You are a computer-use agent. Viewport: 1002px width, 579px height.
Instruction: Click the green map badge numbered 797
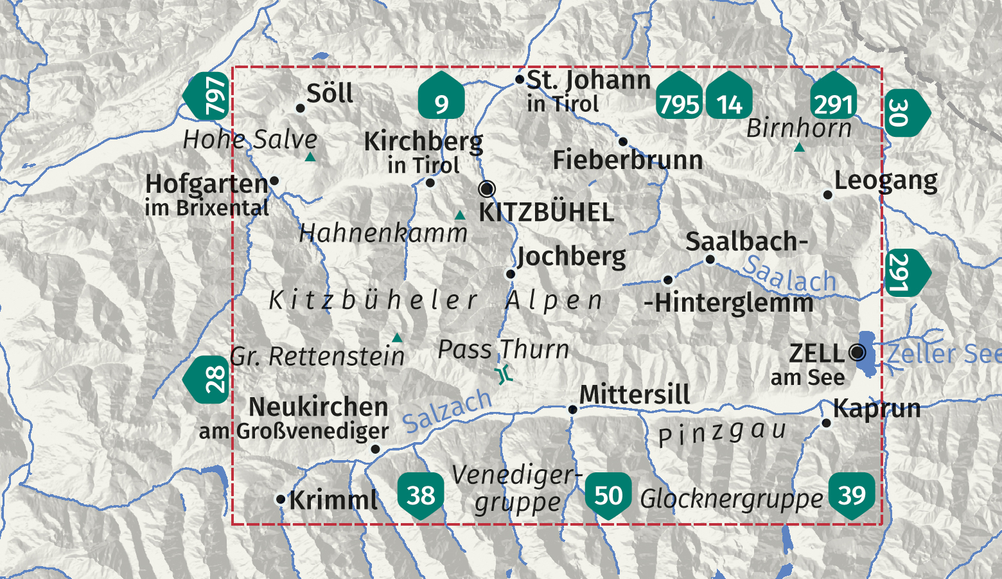[208, 96]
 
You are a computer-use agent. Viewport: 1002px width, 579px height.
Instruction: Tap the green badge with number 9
[441, 98]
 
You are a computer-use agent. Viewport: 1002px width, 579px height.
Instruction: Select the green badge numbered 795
[679, 98]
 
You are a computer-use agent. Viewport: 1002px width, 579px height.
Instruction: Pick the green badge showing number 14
[729, 98]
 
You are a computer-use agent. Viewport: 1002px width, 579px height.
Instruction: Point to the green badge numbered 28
[208, 379]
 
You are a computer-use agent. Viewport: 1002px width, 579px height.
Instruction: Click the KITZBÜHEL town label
[547, 213]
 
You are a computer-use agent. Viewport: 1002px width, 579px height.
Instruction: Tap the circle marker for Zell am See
[857, 352]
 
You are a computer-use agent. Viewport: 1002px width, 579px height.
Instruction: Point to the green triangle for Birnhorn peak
[799, 148]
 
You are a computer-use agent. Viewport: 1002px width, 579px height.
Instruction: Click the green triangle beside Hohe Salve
[310, 157]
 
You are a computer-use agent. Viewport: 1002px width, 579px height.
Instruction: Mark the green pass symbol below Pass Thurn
[504, 375]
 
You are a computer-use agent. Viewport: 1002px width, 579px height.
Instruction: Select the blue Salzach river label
[447, 411]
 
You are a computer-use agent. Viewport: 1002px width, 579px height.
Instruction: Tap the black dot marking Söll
[300, 108]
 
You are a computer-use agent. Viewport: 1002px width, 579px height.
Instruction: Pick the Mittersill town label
[635, 395]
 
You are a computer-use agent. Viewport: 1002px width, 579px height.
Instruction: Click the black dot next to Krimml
[281, 499]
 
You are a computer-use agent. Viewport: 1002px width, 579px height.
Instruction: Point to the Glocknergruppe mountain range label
[731, 499]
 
